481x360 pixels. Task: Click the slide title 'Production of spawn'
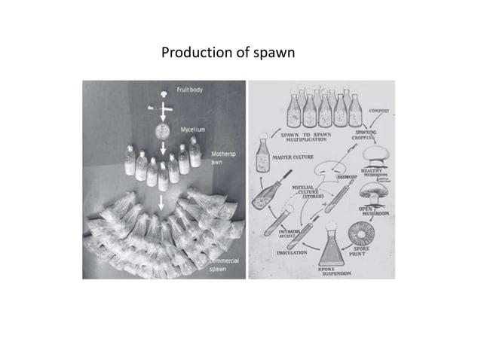click(228, 53)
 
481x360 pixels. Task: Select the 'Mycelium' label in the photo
click(191, 130)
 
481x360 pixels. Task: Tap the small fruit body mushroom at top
click(161, 94)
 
